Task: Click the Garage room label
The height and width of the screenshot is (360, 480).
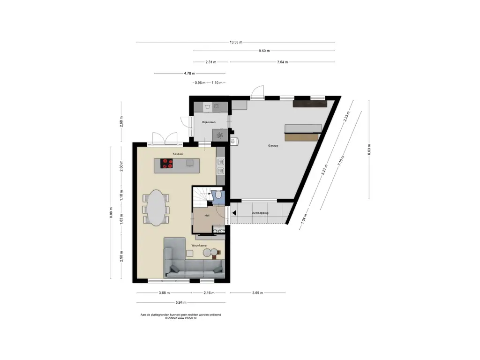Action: click(273, 146)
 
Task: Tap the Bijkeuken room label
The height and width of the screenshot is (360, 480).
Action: click(209, 122)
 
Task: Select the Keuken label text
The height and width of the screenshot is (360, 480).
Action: click(178, 154)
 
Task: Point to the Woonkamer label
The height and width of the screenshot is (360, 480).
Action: click(200, 246)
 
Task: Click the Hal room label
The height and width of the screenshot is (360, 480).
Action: click(207, 216)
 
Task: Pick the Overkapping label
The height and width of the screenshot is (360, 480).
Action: click(260, 213)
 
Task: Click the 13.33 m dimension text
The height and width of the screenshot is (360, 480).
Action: click(236, 42)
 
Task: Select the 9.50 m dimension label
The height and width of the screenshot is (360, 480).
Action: click(264, 51)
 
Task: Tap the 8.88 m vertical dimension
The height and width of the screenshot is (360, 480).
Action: click(111, 213)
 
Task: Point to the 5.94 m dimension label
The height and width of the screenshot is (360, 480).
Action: click(181, 302)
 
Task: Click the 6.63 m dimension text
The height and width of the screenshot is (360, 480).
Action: click(369, 150)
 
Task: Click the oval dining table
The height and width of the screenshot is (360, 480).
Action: click(156, 208)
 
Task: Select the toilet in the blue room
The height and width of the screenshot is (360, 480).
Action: click(218, 195)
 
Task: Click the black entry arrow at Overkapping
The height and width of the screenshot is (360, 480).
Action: click(234, 213)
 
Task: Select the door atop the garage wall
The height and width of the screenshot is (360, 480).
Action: click(257, 91)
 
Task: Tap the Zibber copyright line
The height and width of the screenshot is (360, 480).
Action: click(180, 318)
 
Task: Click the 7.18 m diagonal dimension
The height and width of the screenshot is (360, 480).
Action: click(341, 161)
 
